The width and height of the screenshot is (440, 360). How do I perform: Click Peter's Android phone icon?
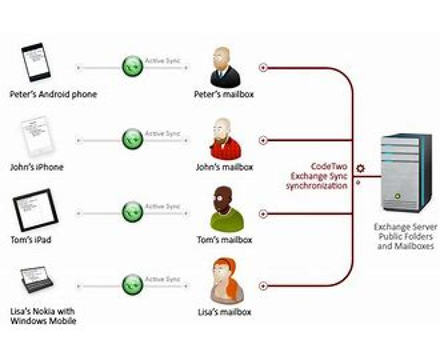coord(36,62)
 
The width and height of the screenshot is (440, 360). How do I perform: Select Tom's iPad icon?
coord(35,210)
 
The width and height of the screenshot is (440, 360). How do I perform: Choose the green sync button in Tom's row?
coord(132,212)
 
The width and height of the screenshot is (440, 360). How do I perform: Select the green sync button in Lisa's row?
coord(132,285)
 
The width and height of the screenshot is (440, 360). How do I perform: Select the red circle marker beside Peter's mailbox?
coord(263,68)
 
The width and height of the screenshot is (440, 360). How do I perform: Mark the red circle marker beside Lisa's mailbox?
coord(263,286)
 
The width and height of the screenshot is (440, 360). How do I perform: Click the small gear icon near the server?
coord(361,168)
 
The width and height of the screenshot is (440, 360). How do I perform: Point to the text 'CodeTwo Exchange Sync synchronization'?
coord(317,176)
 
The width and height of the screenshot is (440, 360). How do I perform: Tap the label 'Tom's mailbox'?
coord(224,240)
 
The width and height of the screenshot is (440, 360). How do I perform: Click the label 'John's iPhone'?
coord(37,167)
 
